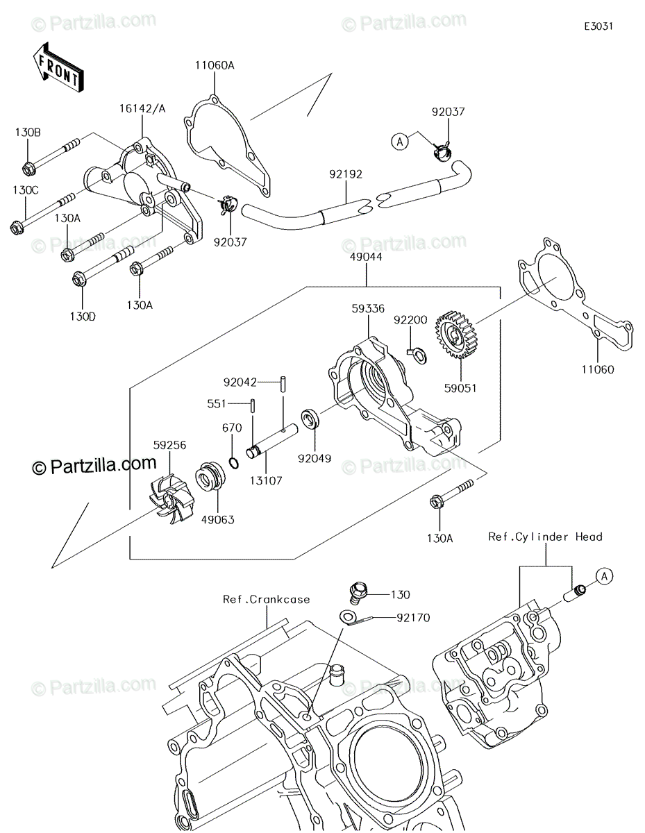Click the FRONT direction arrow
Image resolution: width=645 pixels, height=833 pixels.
(58, 67)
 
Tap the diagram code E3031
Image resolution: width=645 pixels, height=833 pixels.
(598, 26)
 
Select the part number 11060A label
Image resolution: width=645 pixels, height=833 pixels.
(215, 65)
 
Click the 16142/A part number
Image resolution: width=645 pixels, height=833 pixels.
(142, 109)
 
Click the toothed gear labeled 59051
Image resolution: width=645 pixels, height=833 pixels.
(455, 335)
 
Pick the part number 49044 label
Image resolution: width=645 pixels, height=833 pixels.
(366, 257)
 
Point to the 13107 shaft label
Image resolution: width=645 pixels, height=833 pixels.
(266, 480)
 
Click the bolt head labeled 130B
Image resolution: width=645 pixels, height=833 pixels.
(28, 169)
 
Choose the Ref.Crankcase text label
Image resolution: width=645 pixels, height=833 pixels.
(267, 600)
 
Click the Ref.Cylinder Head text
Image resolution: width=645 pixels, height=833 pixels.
(545, 537)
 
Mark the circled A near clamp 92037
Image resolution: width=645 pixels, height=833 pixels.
(400, 142)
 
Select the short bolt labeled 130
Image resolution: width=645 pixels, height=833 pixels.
(359, 594)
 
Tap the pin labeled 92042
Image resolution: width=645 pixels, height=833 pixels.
(283, 384)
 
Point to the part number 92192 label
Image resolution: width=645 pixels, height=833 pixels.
(346, 174)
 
